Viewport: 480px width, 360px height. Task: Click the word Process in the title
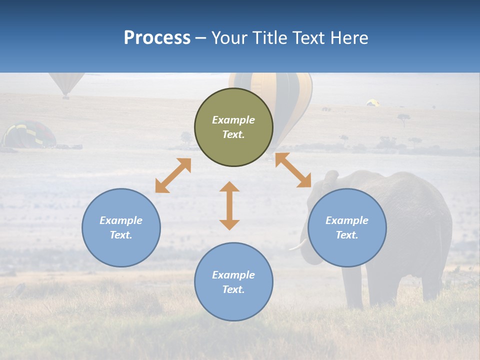157,38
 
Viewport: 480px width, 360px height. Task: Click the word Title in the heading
270,38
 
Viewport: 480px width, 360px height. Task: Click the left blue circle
121,227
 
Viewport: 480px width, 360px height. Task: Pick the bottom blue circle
233,281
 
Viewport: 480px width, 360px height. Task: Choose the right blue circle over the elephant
347,227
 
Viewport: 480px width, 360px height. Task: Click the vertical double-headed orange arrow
229,205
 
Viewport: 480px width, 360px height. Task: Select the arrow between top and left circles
173,175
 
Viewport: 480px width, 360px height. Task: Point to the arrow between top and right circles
293,170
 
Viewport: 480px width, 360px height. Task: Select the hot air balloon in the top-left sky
66,83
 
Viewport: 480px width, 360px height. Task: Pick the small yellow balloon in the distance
372,102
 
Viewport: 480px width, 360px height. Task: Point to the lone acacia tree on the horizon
403,119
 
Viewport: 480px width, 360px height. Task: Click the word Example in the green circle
233,120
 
